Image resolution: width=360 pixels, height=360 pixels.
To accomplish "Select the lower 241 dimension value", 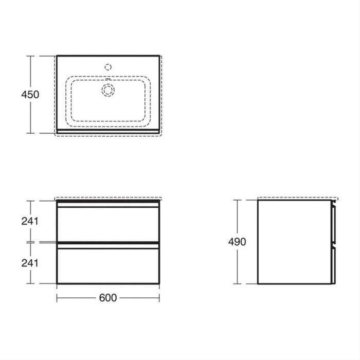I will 30,262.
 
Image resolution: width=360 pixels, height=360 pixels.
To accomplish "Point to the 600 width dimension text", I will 108,298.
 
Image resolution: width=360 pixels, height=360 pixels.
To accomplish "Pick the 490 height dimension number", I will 237,242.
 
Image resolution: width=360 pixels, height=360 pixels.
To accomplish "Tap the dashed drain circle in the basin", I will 108,90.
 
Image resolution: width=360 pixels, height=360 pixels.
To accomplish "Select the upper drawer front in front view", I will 108,223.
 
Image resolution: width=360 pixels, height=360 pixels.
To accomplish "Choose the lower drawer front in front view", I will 108,264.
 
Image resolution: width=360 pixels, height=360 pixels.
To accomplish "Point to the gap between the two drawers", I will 108,242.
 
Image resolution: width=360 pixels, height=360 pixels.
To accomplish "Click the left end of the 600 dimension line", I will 57,298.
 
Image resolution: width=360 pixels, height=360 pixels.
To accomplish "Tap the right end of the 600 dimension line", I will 159,298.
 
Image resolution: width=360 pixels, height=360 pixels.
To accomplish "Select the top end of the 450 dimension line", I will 31,56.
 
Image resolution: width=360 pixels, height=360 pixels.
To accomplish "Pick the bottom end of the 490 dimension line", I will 237,283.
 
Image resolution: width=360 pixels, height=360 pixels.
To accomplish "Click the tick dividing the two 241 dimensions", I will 31,242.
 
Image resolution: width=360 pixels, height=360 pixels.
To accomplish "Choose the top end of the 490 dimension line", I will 237,200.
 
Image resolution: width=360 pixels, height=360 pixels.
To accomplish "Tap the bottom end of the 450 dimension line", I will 31,133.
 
